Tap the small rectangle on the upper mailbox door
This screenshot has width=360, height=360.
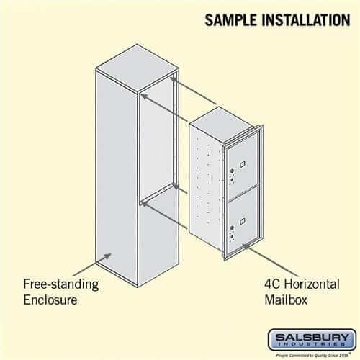coord(244,165)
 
